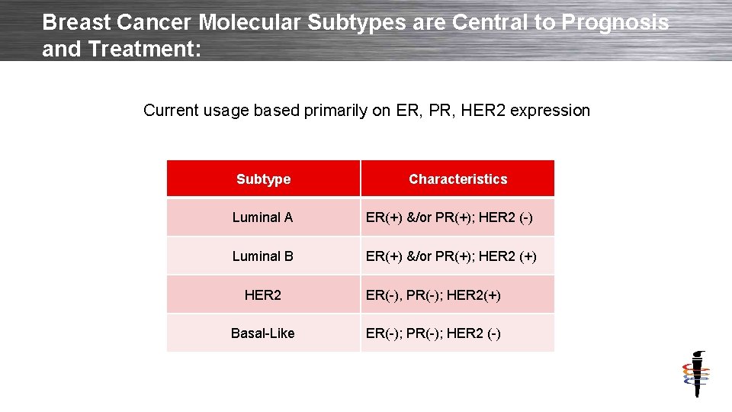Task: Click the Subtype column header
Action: (x=263, y=179)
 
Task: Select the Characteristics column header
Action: (x=457, y=179)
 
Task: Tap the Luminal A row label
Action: (x=262, y=217)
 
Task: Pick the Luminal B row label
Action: (x=262, y=256)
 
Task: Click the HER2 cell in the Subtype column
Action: (x=262, y=295)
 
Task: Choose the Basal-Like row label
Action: (x=262, y=333)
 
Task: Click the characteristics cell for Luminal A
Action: (x=449, y=217)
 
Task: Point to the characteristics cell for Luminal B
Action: (x=451, y=256)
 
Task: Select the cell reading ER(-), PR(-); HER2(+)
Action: (x=433, y=295)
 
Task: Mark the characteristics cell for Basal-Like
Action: (x=433, y=333)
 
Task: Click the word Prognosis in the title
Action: (x=615, y=22)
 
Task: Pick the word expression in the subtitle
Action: (x=550, y=111)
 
